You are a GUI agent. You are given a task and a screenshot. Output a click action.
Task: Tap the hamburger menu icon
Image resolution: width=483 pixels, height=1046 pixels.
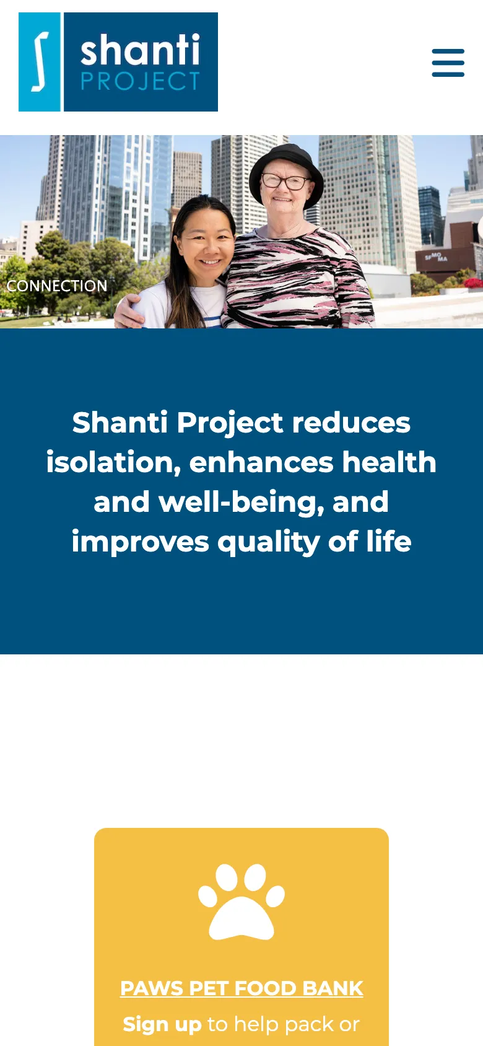(x=448, y=63)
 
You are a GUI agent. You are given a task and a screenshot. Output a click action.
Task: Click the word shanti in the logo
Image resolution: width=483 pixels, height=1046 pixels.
(x=140, y=50)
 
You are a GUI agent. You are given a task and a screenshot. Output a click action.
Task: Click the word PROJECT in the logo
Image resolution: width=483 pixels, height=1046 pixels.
(x=140, y=82)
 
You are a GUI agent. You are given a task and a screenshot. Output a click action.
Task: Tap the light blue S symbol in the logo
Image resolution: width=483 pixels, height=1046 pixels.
(x=40, y=62)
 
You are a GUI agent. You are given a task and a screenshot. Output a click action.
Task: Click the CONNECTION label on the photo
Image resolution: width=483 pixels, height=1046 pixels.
(x=57, y=286)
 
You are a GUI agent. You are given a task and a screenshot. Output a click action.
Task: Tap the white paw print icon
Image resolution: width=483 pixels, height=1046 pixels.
(x=241, y=901)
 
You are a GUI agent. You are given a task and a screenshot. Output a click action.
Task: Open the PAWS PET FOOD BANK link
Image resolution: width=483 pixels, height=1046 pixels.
(x=241, y=988)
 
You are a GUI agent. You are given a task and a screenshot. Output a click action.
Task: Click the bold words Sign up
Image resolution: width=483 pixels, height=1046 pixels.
(x=162, y=1024)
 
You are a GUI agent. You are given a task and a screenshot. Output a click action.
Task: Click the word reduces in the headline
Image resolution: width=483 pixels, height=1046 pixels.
(x=351, y=423)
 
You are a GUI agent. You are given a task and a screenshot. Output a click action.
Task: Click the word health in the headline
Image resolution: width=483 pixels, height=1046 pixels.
(x=389, y=462)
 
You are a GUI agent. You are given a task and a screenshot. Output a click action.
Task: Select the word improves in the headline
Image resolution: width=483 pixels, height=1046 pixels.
(x=140, y=542)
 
